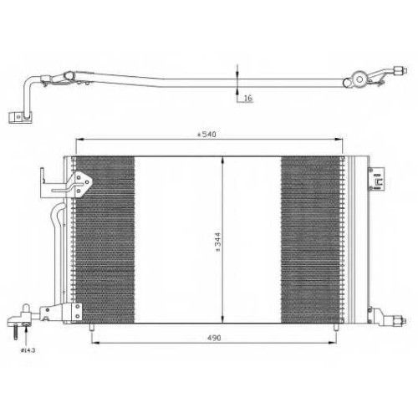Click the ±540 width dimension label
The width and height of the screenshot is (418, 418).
[x=206, y=135]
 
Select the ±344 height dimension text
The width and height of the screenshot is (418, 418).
[x=217, y=242]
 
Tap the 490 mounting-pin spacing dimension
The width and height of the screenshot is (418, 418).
[x=214, y=338]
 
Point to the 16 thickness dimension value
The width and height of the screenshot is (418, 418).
[x=247, y=98]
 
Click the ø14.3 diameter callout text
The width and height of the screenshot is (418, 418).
[x=28, y=350]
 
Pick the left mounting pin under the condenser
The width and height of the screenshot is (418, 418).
[x=92, y=327]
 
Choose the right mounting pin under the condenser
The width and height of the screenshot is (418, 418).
[x=336, y=327]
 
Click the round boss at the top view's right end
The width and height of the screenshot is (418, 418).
[x=359, y=79]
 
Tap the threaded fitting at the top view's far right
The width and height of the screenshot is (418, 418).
[x=400, y=70]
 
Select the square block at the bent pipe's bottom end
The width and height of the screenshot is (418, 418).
[x=20, y=117]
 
